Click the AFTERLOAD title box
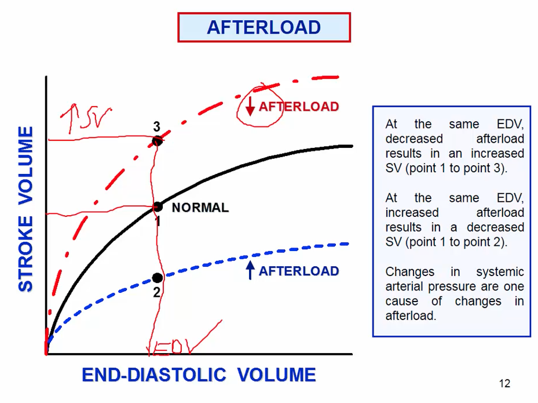pyautogui.click(x=263, y=27)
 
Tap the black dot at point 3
pyautogui.click(x=157, y=140)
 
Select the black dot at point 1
pyautogui.click(x=157, y=206)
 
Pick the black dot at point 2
pyautogui.click(x=157, y=278)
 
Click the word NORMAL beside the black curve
pyautogui.click(x=200, y=208)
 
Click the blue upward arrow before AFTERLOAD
pyautogui.click(x=250, y=270)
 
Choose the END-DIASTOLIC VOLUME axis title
pyautogui.click(x=199, y=375)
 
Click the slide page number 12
pyautogui.click(x=504, y=383)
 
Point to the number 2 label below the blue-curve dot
pyautogui.click(x=156, y=292)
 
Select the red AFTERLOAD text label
pyautogui.click(x=298, y=107)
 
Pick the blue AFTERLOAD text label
pyautogui.click(x=298, y=271)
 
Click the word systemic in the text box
pyautogui.click(x=500, y=272)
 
